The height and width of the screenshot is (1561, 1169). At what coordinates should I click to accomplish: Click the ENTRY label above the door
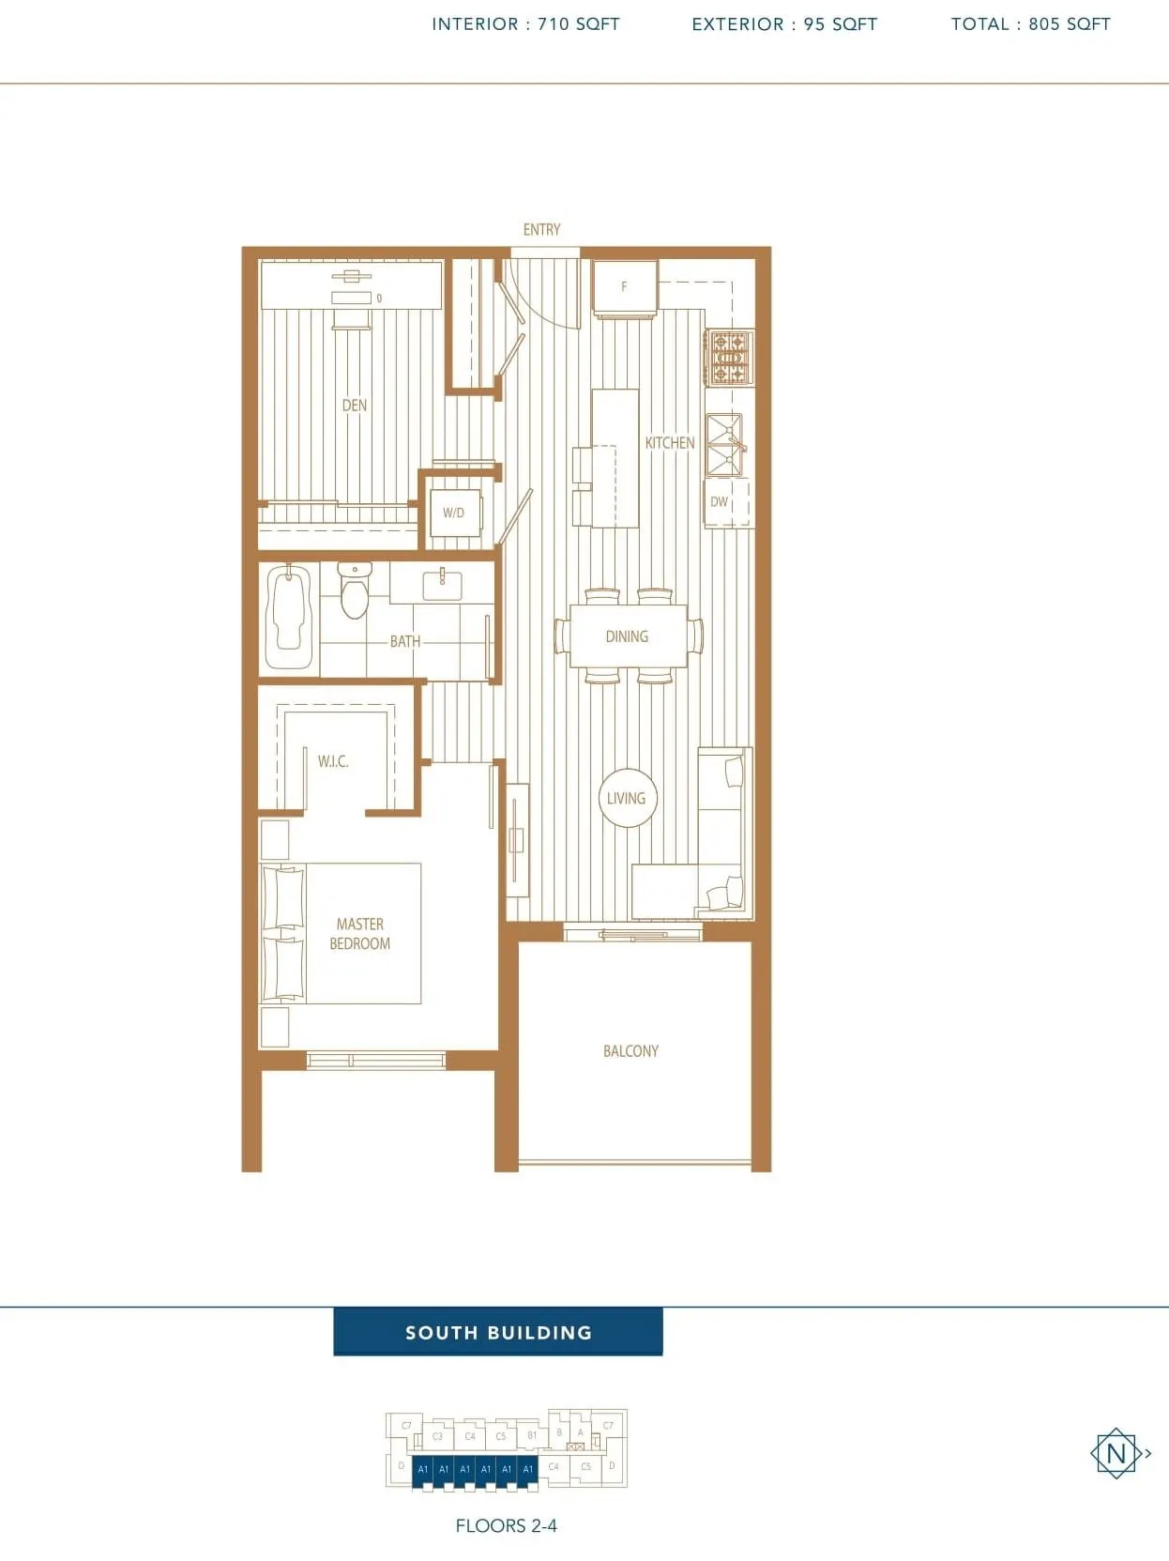pyautogui.click(x=541, y=230)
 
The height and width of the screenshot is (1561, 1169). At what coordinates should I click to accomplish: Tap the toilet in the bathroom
pyautogui.click(x=354, y=591)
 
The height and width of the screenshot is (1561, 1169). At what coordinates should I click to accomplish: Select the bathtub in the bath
pyautogui.click(x=289, y=616)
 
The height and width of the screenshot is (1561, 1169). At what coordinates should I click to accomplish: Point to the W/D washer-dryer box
pyautogui.click(x=454, y=513)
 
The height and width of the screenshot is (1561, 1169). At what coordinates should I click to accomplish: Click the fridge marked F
pyautogui.click(x=625, y=286)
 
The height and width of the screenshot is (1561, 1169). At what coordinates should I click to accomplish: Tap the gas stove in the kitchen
pyautogui.click(x=730, y=358)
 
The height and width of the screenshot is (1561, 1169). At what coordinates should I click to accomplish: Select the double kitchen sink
pyautogui.click(x=725, y=445)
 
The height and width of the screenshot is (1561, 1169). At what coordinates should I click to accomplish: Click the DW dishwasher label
pyautogui.click(x=720, y=502)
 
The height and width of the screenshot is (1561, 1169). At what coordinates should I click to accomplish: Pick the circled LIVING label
pyautogui.click(x=627, y=798)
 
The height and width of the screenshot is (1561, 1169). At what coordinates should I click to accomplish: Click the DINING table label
pyautogui.click(x=627, y=636)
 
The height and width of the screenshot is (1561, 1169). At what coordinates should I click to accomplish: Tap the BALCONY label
pyautogui.click(x=630, y=1051)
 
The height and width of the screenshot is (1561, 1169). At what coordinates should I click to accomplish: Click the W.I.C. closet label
pyautogui.click(x=333, y=761)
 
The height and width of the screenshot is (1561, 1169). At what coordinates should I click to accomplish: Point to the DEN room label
pyautogui.click(x=355, y=406)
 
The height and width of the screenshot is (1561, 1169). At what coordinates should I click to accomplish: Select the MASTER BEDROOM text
pyautogui.click(x=360, y=934)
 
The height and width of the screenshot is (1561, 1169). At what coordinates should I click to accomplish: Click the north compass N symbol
pyautogui.click(x=1116, y=1454)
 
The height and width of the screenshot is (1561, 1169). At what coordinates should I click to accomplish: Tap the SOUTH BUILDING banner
pyautogui.click(x=498, y=1332)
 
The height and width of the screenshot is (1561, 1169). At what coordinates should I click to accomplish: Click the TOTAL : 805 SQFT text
pyautogui.click(x=1030, y=24)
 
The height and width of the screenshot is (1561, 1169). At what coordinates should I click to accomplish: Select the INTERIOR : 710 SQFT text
pyautogui.click(x=525, y=24)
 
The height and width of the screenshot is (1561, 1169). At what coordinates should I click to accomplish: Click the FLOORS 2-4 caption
pyautogui.click(x=506, y=1526)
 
